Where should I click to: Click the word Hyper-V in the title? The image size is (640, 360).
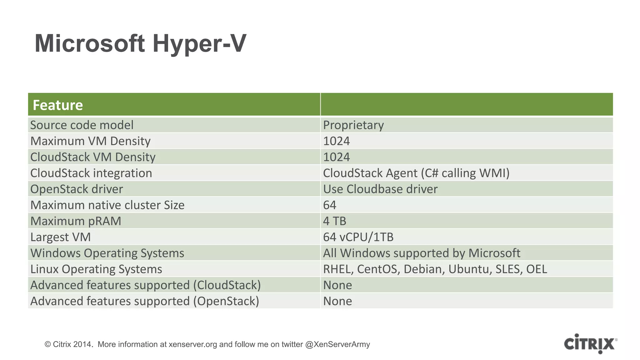199,44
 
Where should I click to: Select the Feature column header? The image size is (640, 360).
58,105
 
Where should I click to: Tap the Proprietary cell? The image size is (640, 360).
353,125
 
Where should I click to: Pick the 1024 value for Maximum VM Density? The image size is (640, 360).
336,141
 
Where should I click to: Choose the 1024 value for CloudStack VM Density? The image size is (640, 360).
336,157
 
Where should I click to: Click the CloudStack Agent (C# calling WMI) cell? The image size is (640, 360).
416,173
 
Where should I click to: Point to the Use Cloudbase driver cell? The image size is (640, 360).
380,189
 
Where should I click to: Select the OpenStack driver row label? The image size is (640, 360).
77,189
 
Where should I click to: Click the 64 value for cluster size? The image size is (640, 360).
330,205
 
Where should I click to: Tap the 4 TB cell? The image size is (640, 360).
334,221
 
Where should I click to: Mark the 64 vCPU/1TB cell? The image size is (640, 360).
358,237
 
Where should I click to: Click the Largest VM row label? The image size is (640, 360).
60,237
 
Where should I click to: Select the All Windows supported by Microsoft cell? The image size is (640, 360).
422,253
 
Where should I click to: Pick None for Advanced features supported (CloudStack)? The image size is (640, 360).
337,285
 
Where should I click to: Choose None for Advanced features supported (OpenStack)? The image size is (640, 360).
337,301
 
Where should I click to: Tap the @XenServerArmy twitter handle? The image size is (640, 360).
337,344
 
